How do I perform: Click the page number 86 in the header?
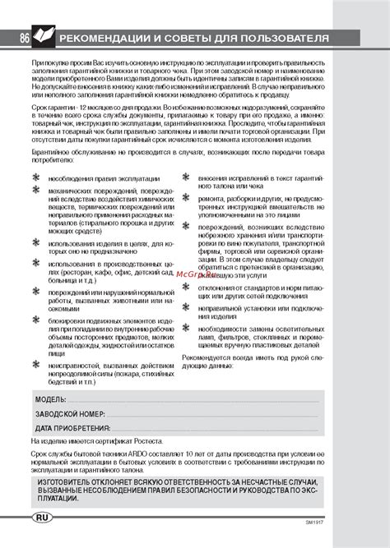point(26,39)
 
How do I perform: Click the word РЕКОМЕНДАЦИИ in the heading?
point(107,39)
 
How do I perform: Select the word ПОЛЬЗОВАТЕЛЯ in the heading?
point(279,39)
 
